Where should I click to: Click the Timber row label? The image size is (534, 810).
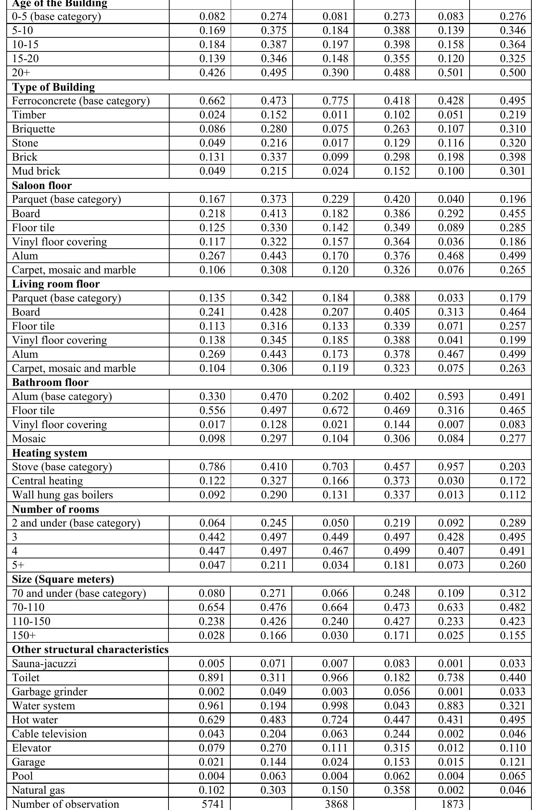click(29, 115)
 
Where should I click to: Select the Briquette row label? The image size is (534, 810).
click(33, 129)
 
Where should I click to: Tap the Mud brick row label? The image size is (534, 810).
click(36, 171)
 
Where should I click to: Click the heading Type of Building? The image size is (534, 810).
click(53, 87)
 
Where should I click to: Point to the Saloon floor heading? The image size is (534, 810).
click(42, 185)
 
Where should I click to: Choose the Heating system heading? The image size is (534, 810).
click(50, 453)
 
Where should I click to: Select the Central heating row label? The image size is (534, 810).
click(47, 481)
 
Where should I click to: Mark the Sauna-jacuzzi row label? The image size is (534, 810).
click(44, 664)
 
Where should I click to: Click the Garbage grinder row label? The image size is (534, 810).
click(50, 692)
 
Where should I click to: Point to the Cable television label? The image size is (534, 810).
click(49, 734)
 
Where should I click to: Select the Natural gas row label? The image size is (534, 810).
click(38, 790)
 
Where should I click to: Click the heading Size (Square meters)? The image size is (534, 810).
click(63, 579)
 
